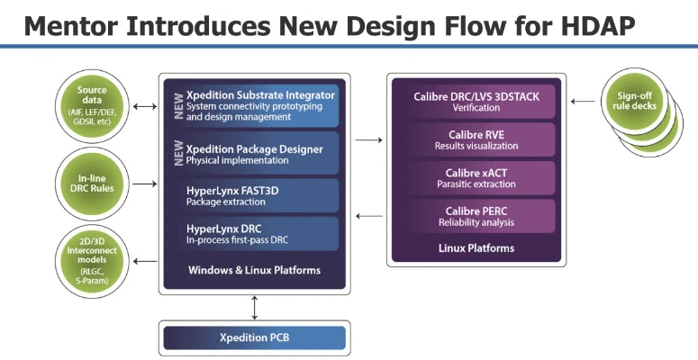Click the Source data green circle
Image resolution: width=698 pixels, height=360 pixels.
click(93, 106)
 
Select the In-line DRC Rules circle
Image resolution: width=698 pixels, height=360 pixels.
click(93, 184)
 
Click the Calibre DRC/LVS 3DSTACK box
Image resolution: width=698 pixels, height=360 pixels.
click(475, 102)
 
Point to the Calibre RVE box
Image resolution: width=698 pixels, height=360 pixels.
click(475, 139)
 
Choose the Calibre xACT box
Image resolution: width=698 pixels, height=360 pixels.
click(475, 178)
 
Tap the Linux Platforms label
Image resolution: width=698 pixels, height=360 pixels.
click(475, 247)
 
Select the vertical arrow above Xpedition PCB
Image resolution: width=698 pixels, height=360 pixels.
click(257, 307)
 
